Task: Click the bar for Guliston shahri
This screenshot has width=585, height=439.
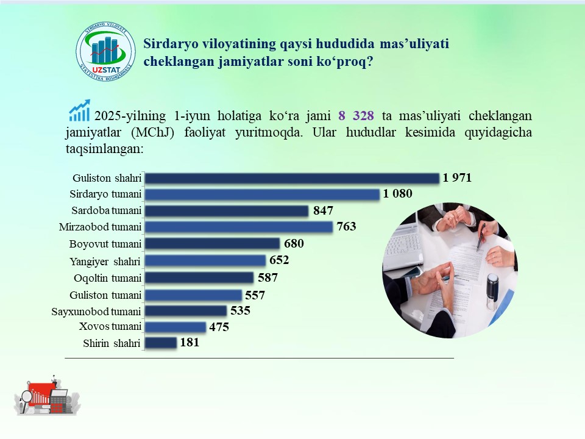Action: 292,179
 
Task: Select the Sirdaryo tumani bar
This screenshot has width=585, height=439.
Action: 262,195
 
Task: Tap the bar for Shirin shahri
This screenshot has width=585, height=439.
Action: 161,343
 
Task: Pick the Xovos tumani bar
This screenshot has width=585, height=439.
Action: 175,327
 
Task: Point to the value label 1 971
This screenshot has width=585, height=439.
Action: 457,177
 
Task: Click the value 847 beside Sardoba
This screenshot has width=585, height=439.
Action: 323,210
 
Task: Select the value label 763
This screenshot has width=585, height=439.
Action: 346,226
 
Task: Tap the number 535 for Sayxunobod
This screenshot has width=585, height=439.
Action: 240,310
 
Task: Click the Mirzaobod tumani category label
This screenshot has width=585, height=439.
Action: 100,227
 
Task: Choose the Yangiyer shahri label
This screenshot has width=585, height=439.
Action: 105,262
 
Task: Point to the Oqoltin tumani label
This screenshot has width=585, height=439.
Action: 108,278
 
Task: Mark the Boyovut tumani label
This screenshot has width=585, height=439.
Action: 105,244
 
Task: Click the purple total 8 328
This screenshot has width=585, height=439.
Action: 356,116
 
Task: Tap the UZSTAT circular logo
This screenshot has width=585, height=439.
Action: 106,51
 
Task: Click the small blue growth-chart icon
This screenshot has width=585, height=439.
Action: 79,110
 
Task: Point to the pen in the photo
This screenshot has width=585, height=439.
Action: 481,237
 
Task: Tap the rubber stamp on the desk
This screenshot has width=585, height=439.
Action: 492,291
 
